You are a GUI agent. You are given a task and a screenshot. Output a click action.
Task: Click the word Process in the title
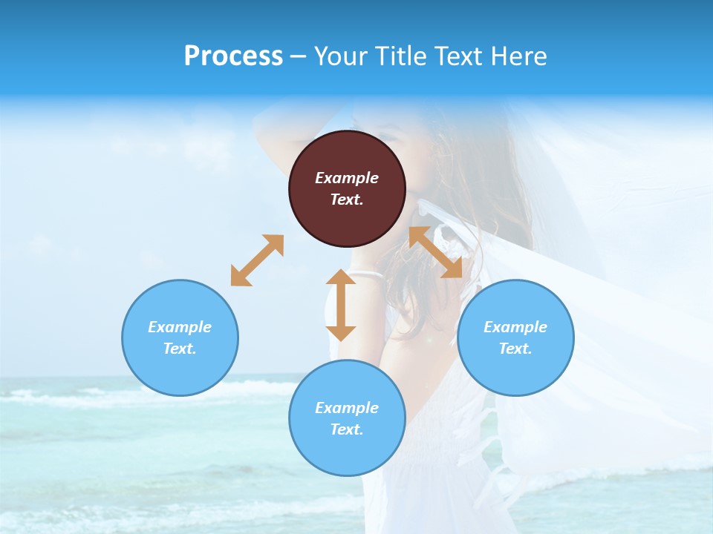233,56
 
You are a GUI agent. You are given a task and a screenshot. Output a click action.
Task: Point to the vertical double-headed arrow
341,305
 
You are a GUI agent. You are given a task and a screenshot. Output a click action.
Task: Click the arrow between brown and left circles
257,260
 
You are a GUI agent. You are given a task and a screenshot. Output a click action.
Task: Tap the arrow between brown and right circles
436,252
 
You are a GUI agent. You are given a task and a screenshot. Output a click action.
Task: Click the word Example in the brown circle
347,178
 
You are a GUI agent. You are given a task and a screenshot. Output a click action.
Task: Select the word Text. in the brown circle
347,200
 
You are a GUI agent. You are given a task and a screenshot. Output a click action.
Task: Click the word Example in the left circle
180,327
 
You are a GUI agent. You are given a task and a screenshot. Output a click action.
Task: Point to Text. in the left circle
180,349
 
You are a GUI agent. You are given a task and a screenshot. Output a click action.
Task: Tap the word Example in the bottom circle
347,408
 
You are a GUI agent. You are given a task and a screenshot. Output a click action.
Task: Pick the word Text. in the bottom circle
347,429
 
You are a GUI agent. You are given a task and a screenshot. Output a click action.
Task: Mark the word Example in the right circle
515,327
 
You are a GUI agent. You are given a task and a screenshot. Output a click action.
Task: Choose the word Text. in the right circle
515,349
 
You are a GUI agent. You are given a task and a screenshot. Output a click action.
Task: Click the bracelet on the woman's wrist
368,275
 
